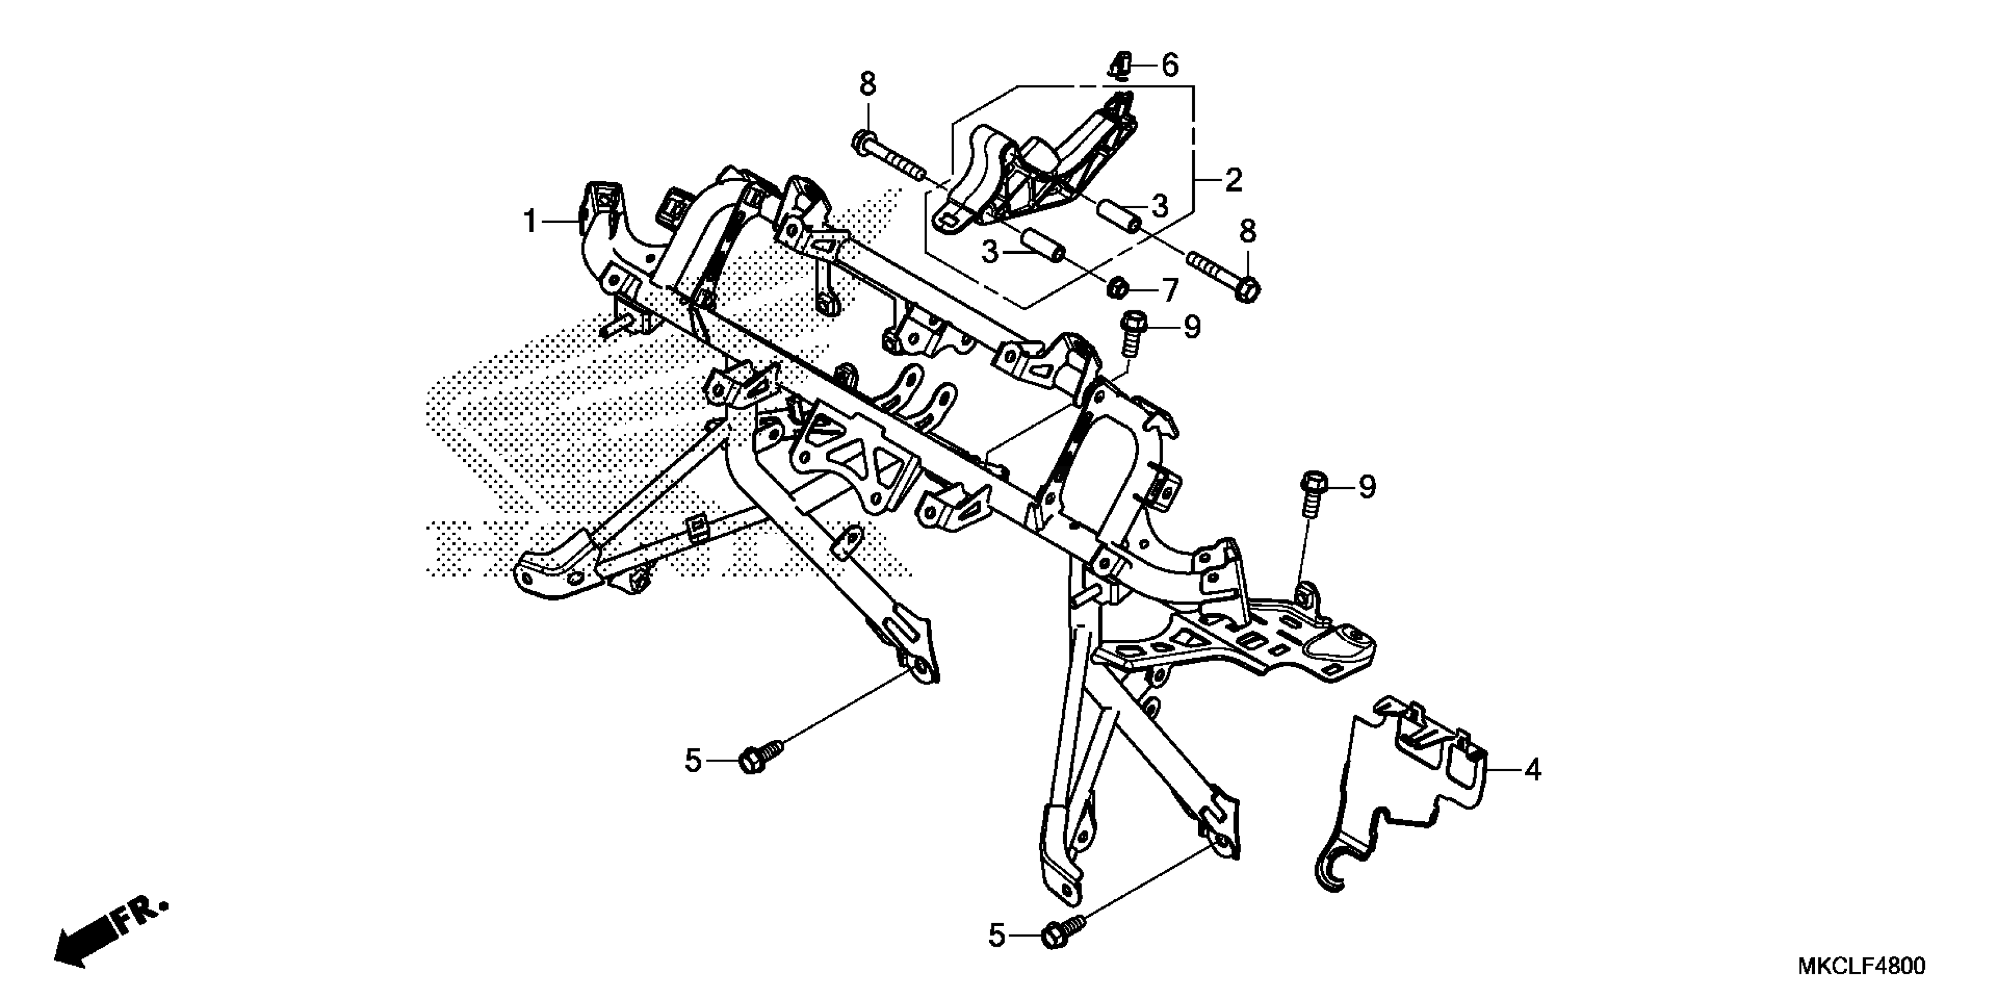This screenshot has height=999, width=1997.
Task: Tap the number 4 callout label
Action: [x=1532, y=770]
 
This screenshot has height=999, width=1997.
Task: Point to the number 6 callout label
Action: [x=1170, y=66]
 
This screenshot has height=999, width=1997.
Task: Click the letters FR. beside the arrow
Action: [x=141, y=915]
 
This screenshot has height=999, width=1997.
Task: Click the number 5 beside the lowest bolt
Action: [x=997, y=937]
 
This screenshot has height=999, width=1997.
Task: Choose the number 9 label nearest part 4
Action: [x=1367, y=487]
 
